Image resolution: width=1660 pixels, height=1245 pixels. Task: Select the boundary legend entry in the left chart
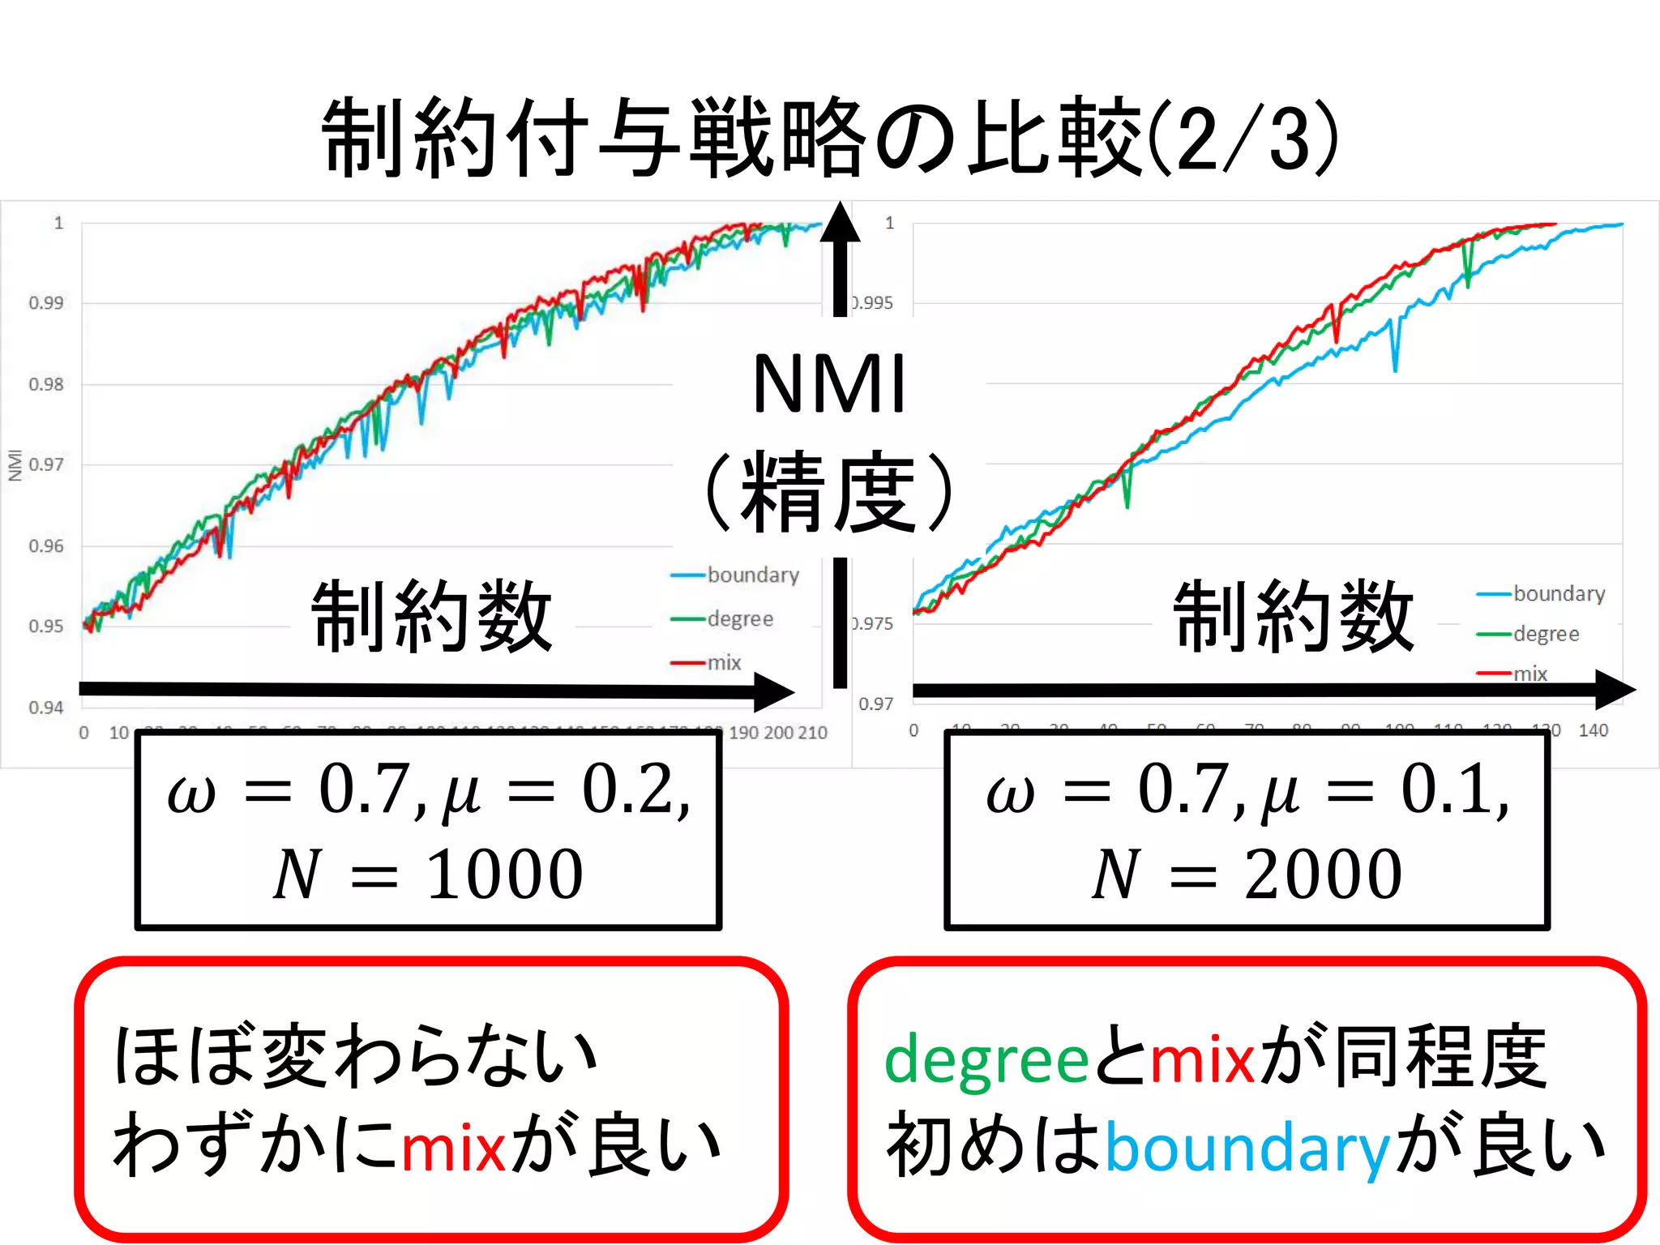[x=752, y=575]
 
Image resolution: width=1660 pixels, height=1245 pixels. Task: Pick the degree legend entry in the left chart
[x=739, y=618]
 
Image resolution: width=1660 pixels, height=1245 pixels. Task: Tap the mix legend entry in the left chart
[x=724, y=663]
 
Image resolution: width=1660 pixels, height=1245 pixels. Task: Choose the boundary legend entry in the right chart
[x=1558, y=593]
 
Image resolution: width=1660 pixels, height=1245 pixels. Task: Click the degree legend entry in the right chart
[x=1545, y=634]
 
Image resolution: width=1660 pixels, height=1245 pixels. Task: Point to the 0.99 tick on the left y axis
[x=46, y=303]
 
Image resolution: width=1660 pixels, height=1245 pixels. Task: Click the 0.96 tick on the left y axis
[x=46, y=545]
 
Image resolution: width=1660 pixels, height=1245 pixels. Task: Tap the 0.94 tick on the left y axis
[x=46, y=708]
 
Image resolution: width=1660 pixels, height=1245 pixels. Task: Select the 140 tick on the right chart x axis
[x=1593, y=730]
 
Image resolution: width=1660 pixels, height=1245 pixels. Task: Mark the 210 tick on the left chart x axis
[x=812, y=733]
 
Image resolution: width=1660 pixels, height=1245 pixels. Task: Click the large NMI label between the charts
[x=828, y=384]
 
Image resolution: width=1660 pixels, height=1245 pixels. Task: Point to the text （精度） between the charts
[x=828, y=492]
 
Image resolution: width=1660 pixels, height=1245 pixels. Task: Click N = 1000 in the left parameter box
[x=428, y=875]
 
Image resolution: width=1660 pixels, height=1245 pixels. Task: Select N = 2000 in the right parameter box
[x=1247, y=875]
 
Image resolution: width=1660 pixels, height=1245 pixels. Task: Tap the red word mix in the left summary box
[x=453, y=1149]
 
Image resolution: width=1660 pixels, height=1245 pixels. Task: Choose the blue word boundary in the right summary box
[x=1247, y=1149]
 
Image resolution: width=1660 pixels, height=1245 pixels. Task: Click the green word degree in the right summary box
[x=986, y=1060]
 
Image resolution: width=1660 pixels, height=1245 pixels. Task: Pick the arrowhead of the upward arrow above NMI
[x=840, y=223]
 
